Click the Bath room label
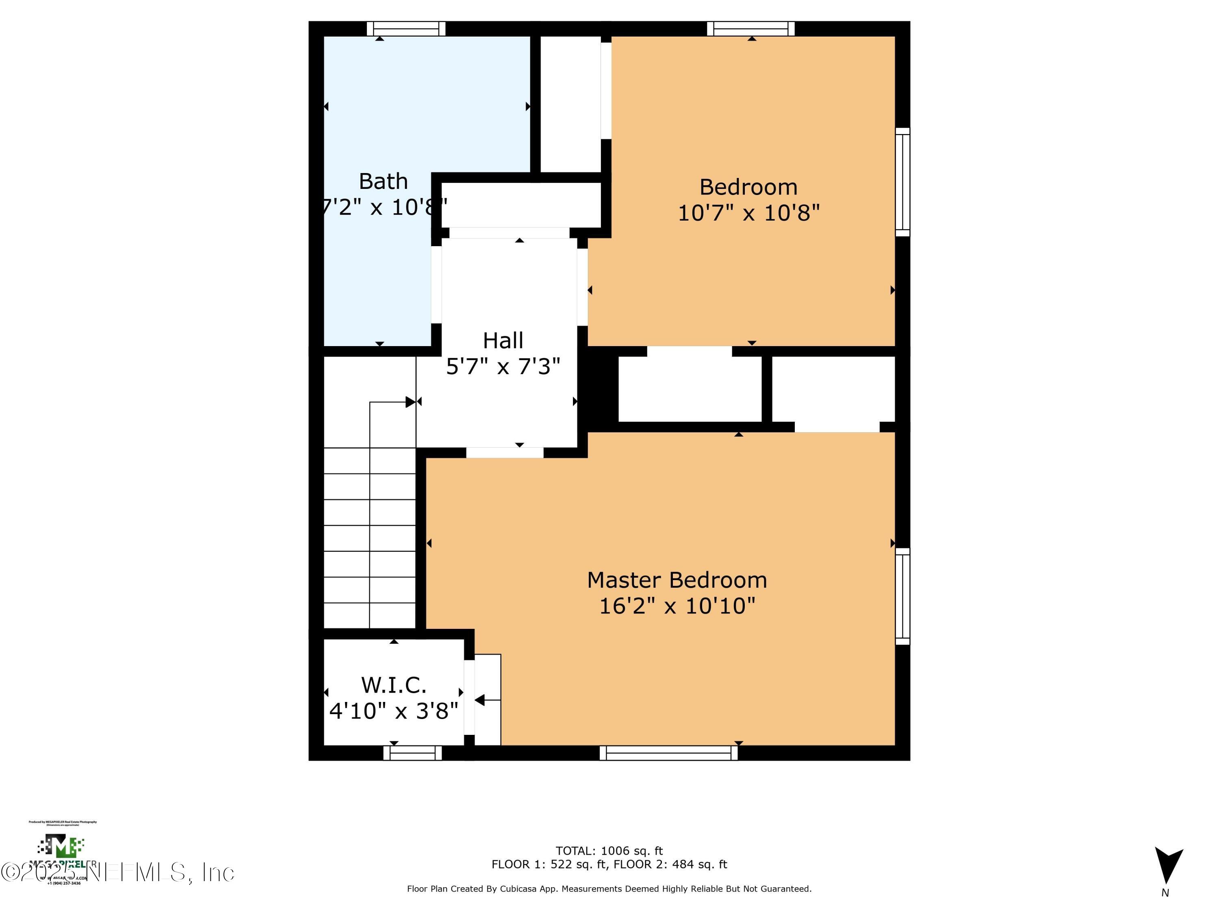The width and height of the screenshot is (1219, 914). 383,181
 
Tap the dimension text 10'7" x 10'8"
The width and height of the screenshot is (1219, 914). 748,213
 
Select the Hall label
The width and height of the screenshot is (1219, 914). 503,340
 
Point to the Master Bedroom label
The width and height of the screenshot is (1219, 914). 676,580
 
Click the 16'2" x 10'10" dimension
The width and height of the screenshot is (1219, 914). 676,606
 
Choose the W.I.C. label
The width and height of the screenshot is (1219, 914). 393,685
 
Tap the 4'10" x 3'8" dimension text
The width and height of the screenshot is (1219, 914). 393,711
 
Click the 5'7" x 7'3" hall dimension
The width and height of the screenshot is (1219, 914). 503,366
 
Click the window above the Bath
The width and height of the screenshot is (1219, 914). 406,29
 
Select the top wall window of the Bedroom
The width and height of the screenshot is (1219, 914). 750,29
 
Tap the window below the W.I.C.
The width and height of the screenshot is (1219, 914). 412,753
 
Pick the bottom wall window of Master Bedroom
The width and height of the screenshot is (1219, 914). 668,753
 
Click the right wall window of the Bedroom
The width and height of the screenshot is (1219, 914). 902,182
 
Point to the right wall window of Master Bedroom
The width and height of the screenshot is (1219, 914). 902,596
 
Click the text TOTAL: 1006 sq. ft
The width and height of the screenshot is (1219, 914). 609,851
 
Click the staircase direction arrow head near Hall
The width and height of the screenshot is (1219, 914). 410,402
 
